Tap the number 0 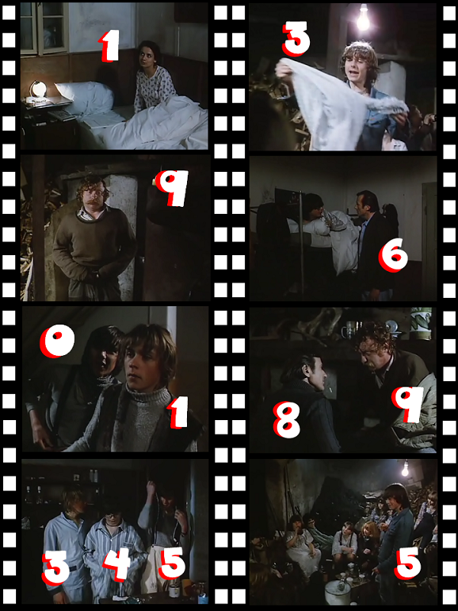(x=56, y=341)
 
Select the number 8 (x=286, y=419)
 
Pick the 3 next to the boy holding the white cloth (x=296, y=37)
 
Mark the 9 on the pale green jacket (x=408, y=404)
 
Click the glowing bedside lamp (x=39, y=89)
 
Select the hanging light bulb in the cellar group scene (x=405, y=469)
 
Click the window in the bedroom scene (x=44, y=28)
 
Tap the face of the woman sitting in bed (x=148, y=57)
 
